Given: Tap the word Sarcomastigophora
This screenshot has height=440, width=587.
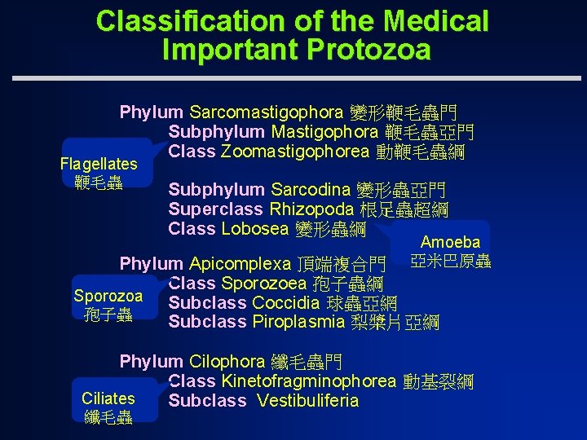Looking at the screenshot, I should [x=267, y=112].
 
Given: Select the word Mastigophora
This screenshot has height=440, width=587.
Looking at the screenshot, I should [x=324, y=131].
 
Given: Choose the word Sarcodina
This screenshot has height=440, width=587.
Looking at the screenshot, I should [x=311, y=190].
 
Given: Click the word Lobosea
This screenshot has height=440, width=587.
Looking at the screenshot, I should [x=254, y=229].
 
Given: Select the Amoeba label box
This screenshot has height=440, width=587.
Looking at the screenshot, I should [x=450, y=251].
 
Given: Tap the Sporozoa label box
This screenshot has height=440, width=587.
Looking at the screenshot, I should [x=108, y=304].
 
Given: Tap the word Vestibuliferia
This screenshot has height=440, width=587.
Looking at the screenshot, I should [x=307, y=400].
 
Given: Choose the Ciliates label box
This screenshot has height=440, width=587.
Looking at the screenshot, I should [x=108, y=407].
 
